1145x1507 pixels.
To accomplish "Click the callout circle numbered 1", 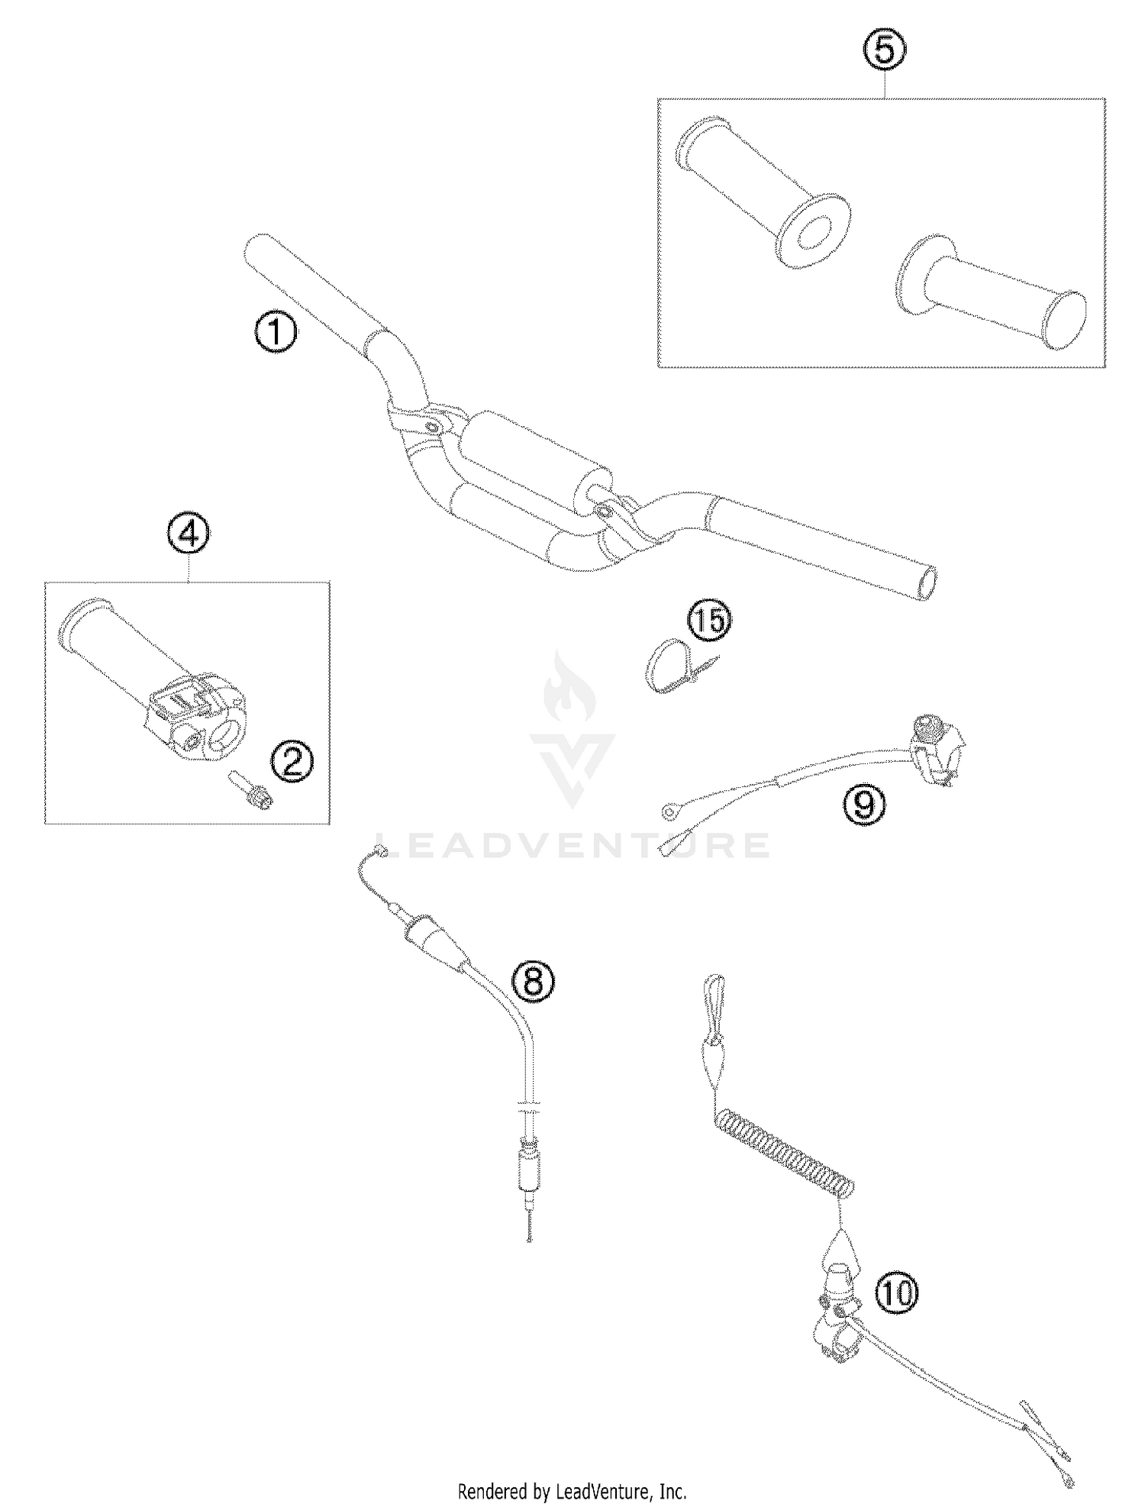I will [x=276, y=334].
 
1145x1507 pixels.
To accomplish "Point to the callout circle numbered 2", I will [x=292, y=762].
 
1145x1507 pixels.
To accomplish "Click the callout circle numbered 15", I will [x=709, y=621].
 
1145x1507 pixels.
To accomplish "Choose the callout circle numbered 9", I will [x=865, y=803].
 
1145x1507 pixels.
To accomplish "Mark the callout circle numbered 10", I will [x=896, y=1293].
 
